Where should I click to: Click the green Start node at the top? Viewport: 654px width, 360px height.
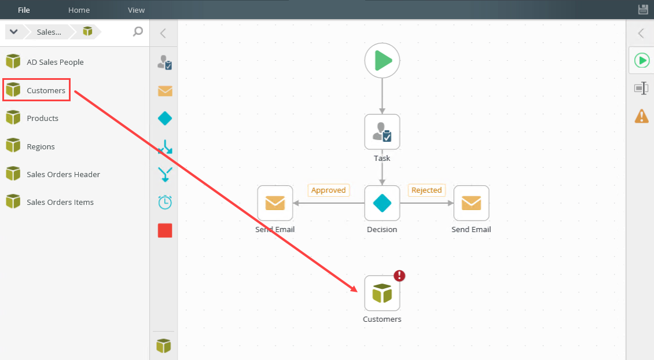(x=382, y=60)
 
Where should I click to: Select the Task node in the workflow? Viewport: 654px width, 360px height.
(x=382, y=132)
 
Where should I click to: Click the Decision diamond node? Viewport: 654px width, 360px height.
(x=382, y=203)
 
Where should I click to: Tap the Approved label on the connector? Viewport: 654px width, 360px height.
(x=328, y=190)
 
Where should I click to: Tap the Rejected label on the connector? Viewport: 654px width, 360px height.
(x=427, y=190)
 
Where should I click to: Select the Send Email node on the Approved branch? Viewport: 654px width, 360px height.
(x=275, y=203)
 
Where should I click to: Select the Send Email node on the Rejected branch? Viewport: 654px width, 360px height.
(x=471, y=203)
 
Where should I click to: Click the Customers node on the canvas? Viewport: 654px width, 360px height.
(x=382, y=293)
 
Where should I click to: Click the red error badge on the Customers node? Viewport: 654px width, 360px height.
(x=399, y=276)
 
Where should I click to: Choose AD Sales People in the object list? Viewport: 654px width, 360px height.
(x=55, y=62)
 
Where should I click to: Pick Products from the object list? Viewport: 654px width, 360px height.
(x=42, y=118)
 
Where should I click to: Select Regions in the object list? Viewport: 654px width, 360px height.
(x=41, y=146)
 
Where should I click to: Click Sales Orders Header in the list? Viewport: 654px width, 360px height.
(x=63, y=174)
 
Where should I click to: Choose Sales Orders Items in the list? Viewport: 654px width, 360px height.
(x=60, y=202)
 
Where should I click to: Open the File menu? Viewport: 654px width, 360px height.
(x=24, y=10)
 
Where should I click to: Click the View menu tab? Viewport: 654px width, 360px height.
(x=136, y=10)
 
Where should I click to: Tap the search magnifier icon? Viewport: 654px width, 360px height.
(x=138, y=31)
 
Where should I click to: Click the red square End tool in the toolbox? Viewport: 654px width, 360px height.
(x=165, y=230)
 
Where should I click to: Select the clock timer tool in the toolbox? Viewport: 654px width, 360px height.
(x=165, y=202)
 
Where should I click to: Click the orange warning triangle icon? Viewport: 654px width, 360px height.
(x=641, y=116)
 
